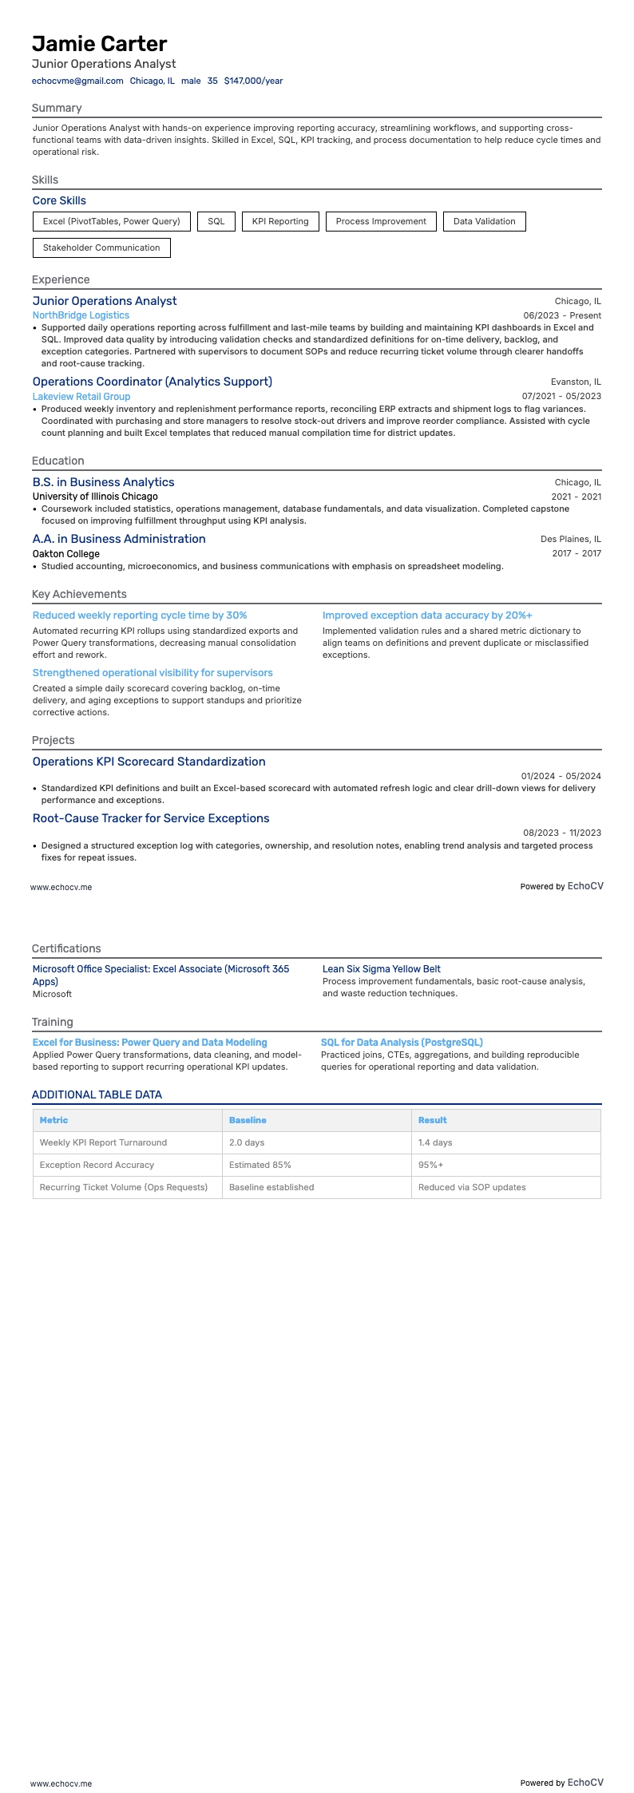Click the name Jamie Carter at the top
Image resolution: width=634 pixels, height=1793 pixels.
point(100,44)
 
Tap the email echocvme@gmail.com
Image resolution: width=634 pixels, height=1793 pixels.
point(77,81)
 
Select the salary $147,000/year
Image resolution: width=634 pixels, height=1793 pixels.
point(253,81)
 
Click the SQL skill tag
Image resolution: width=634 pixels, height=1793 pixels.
point(216,221)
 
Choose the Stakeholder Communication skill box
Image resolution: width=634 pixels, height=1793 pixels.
point(101,247)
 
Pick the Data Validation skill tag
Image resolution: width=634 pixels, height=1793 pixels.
point(484,221)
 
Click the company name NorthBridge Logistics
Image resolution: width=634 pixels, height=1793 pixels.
point(81,315)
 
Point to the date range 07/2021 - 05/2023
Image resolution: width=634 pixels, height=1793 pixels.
point(561,396)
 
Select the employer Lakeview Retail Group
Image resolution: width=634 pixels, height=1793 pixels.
point(81,396)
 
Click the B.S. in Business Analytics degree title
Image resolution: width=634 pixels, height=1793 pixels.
point(103,482)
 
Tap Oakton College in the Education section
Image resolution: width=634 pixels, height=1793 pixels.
point(66,553)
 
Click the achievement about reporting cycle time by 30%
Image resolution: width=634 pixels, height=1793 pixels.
point(140,615)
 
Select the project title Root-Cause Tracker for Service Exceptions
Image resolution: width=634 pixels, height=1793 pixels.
point(151,818)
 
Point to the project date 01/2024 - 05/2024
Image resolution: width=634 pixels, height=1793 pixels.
point(561,776)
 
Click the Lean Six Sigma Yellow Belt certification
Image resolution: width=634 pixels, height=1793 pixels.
point(382,969)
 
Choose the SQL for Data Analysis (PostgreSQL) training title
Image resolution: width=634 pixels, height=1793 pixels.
point(402,1043)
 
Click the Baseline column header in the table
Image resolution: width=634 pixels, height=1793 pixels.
point(248,1120)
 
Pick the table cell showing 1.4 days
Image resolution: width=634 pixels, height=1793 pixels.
point(435,1142)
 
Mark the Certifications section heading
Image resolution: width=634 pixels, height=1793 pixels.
point(66,948)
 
